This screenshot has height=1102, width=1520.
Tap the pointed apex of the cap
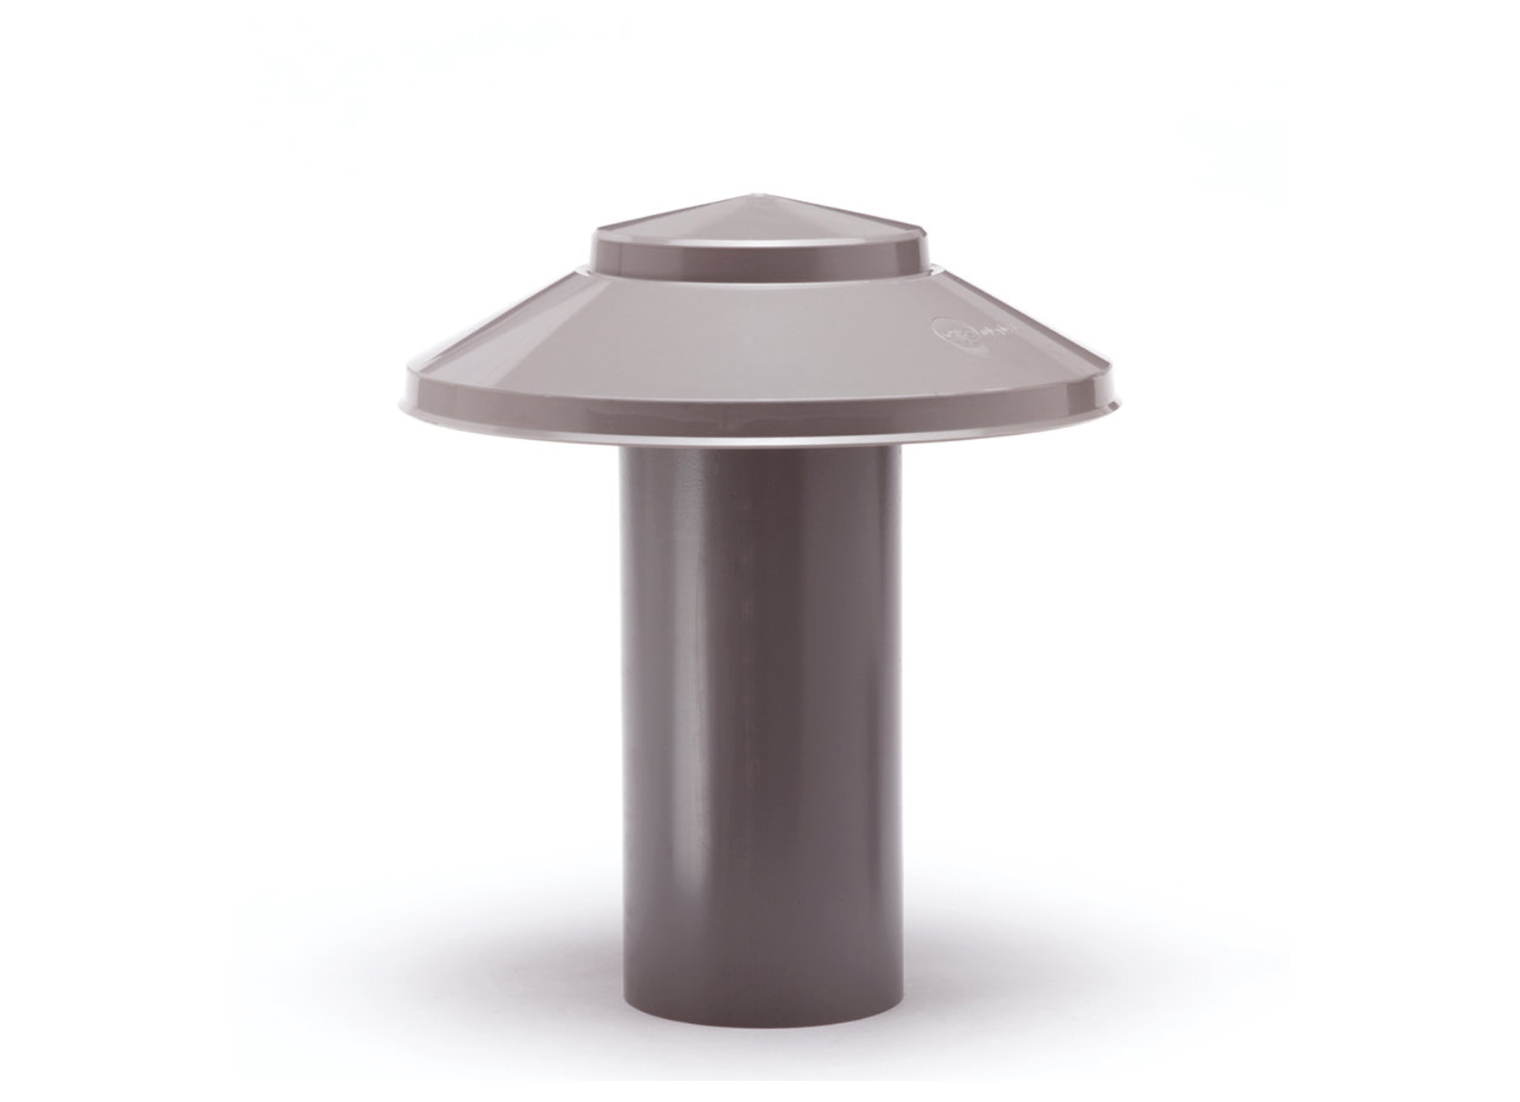757,197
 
